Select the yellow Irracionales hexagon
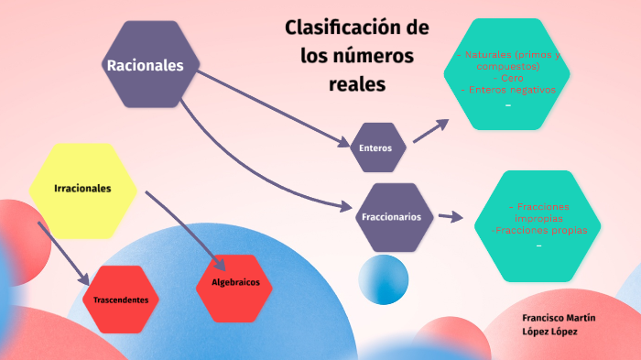(x=83, y=189)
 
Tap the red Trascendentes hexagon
(x=127, y=300)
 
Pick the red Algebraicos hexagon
(x=235, y=282)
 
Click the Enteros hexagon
(x=377, y=147)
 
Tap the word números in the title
(x=375, y=56)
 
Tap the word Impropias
(x=538, y=219)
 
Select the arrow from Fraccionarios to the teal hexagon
(x=449, y=217)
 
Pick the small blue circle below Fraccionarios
(x=384, y=280)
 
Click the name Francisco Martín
(x=559, y=317)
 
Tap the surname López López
(x=549, y=331)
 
